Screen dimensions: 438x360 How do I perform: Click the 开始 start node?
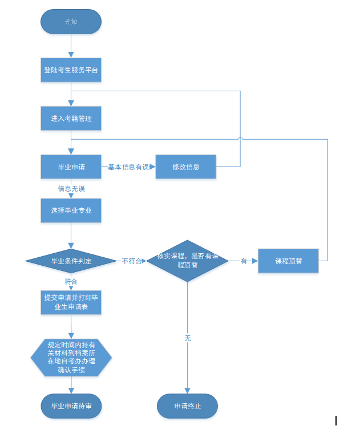pyautogui.click(x=71, y=22)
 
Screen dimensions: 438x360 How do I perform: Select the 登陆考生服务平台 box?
pyautogui.click(x=71, y=70)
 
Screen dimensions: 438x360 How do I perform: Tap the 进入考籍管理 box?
pyautogui.click(x=71, y=119)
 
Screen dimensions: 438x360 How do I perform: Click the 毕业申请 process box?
pyautogui.click(x=71, y=167)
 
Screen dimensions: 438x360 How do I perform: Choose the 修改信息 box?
pyautogui.click(x=186, y=167)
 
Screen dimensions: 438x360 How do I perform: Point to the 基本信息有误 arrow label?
pyautogui.click(x=128, y=167)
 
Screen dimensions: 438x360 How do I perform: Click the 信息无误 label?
pyautogui.click(x=71, y=188)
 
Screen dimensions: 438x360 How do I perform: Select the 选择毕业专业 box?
pyautogui.click(x=71, y=210)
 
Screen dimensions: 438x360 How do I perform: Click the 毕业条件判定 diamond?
pyautogui.click(x=71, y=261)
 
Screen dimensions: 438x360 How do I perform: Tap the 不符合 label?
pyautogui.click(x=131, y=261)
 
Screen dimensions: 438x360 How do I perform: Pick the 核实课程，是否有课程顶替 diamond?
pyautogui.click(x=187, y=261)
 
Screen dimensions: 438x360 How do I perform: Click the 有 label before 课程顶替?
pyautogui.click(x=244, y=261)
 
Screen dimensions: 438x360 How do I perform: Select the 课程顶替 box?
pyautogui.click(x=288, y=261)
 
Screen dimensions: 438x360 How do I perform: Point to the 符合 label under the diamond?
pyautogui.click(x=71, y=282)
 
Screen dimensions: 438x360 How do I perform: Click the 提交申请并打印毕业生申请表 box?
pyautogui.click(x=71, y=301)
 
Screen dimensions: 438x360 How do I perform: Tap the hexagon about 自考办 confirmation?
pyautogui.click(x=71, y=358)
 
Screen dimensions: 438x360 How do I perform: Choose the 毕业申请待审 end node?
pyautogui.click(x=71, y=406)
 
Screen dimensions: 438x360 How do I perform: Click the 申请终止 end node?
pyautogui.click(x=187, y=406)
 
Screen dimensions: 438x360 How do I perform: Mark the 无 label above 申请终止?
pyautogui.click(x=187, y=338)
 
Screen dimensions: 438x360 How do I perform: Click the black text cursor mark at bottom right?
pyautogui.click(x=336, y=421)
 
